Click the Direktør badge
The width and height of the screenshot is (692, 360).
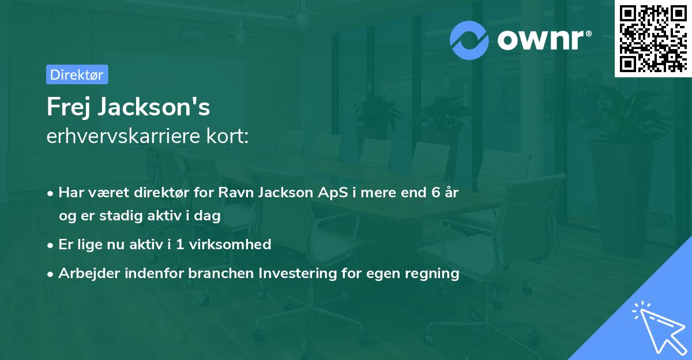77,74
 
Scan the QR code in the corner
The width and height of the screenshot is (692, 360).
652,38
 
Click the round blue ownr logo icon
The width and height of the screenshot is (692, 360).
469,40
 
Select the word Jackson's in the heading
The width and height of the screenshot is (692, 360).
156,107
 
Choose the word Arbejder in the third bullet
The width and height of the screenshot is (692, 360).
86,273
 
